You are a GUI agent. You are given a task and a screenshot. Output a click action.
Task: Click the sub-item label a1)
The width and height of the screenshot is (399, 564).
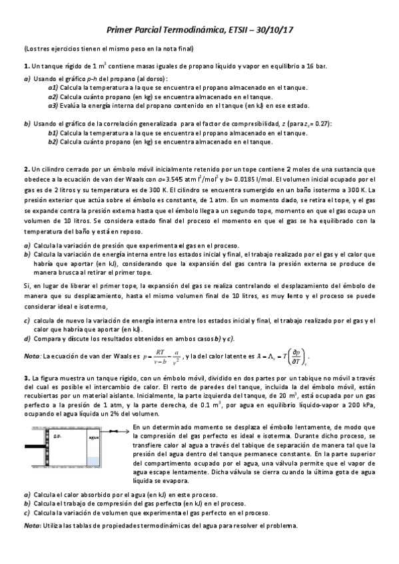53,87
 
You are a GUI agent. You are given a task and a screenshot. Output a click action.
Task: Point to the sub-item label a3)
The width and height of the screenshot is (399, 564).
53,104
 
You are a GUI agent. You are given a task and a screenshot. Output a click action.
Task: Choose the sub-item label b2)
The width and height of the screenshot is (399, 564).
53,142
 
